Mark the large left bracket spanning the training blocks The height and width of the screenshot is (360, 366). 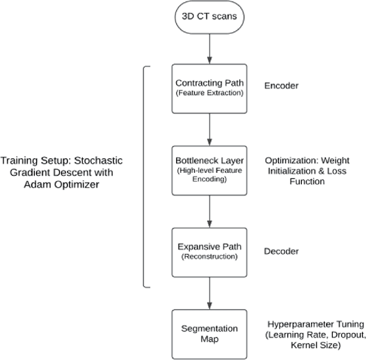click(x=144, y=176)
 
